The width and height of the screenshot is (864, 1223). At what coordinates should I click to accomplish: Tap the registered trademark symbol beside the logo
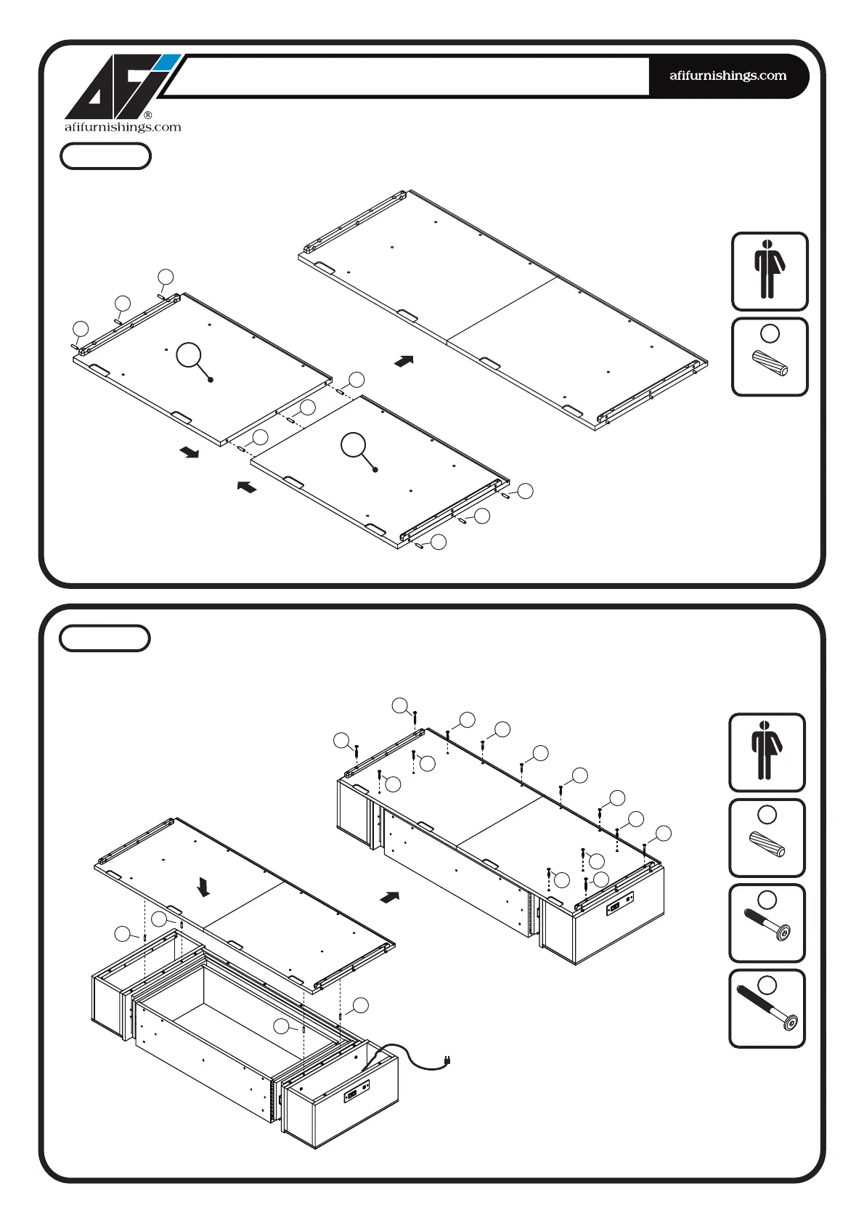[147, 115]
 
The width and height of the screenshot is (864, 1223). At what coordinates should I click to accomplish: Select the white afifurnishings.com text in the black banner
[728, 76]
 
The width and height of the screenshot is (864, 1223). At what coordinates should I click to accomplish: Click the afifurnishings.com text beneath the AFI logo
[123, 127]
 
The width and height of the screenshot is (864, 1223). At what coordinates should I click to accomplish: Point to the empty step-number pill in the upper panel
[105, 156]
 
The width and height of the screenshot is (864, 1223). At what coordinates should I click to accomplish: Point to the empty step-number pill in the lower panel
[105, 638]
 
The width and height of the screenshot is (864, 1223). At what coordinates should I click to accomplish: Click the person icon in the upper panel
[769, 271]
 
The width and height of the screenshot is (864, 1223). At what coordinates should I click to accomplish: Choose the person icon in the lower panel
[767, 752]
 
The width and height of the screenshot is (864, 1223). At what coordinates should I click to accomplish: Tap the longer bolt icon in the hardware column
[767, 1009]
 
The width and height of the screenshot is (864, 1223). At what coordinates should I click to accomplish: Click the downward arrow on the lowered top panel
[204, 887]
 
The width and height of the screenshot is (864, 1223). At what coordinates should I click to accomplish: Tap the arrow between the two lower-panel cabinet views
[390, 897]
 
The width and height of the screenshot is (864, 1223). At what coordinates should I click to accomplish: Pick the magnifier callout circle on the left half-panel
[189, 355]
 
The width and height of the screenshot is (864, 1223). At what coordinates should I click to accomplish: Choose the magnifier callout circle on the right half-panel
[354, 445]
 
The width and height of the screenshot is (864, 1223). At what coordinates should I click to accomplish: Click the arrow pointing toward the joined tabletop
[404, 360]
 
